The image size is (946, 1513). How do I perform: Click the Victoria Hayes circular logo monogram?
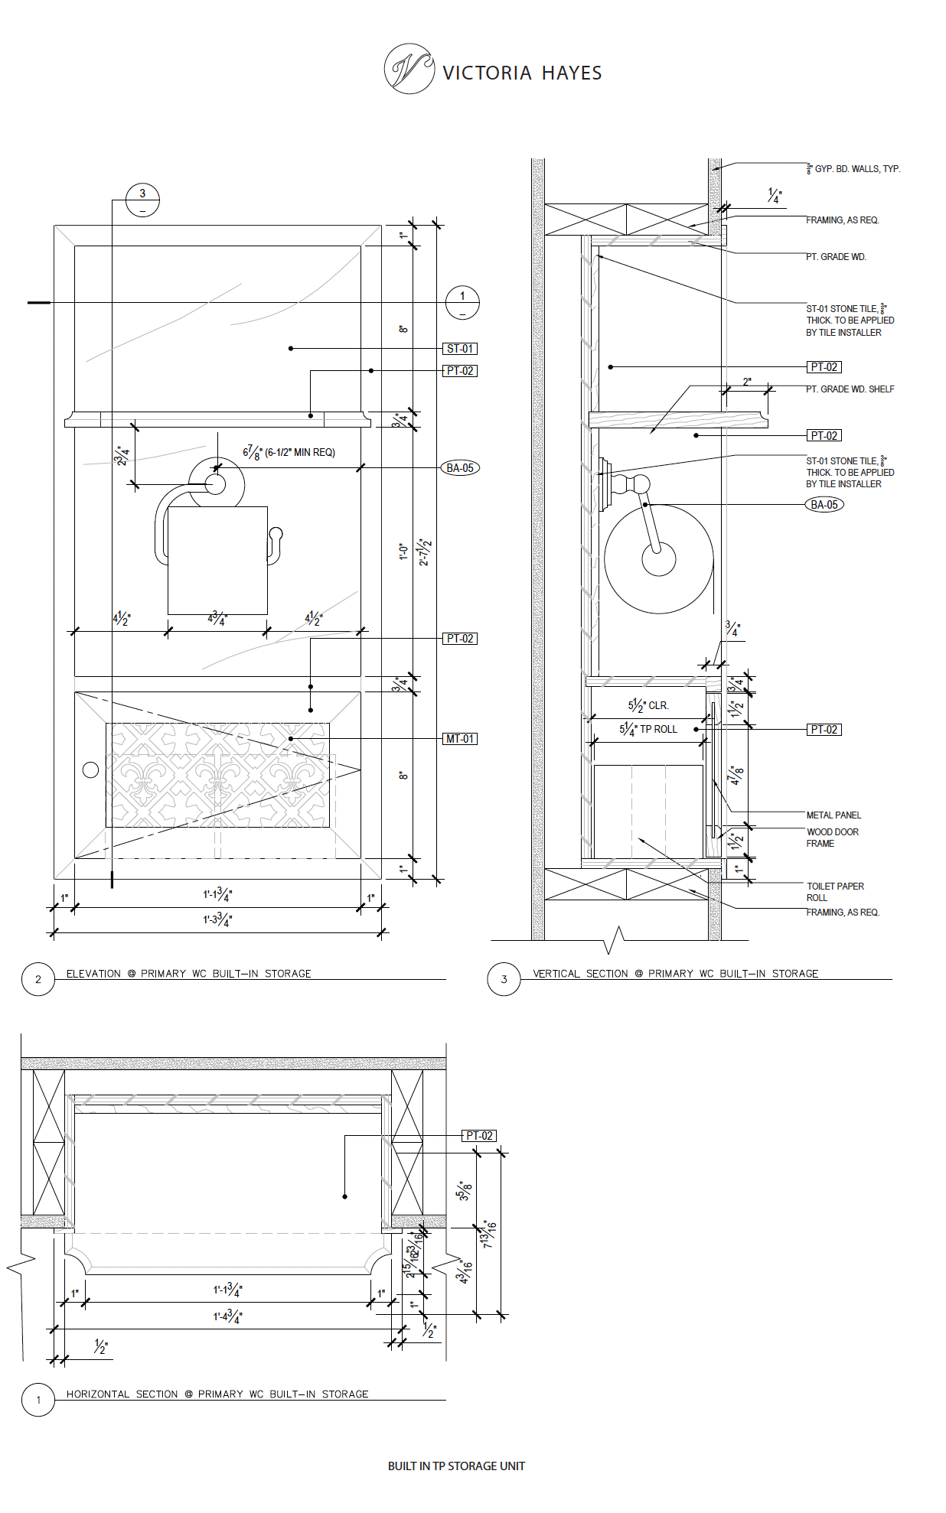[x=409, y=69]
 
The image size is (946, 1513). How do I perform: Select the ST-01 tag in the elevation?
[x=460, y=349]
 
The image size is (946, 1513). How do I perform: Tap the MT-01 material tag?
[x=460, y=739]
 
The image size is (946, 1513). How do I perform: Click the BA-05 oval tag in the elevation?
[x=460, y=468]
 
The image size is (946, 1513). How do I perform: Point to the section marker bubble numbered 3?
[x=142, y=200]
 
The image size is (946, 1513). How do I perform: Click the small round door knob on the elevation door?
[x=90, y=770]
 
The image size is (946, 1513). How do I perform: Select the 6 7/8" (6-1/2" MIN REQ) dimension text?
[x=289, y=453]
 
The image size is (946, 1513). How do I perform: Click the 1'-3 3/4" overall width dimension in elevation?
[x=217, y=919]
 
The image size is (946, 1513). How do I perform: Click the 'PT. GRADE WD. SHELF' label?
[x=850, y=389]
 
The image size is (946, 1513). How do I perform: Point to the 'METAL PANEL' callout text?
[x=833, y=815]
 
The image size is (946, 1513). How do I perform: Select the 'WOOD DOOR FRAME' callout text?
[x=832, y=838]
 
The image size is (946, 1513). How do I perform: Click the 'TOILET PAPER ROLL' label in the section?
[x=834, y=892]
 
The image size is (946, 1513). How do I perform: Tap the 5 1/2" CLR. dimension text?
[x=648, y=705]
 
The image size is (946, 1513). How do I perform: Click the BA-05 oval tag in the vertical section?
[x=824, y=505]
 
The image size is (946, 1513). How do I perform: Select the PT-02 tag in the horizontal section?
[x=480, y=1136]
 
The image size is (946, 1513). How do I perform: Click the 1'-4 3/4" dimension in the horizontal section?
[x=227, y=1316]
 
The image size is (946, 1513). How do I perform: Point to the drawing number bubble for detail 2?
[x=38, y=979]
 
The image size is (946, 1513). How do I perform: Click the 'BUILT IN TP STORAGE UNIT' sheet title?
[x=456, y=1466]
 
